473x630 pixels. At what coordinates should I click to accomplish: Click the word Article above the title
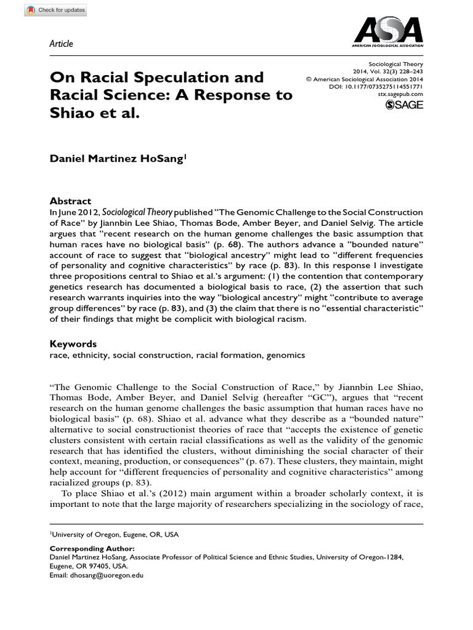coord(60,44)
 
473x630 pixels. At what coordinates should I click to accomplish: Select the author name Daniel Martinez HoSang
coord(116,159)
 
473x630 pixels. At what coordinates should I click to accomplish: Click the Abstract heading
coord(70,201)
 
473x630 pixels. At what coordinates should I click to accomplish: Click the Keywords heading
coord(73,344)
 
